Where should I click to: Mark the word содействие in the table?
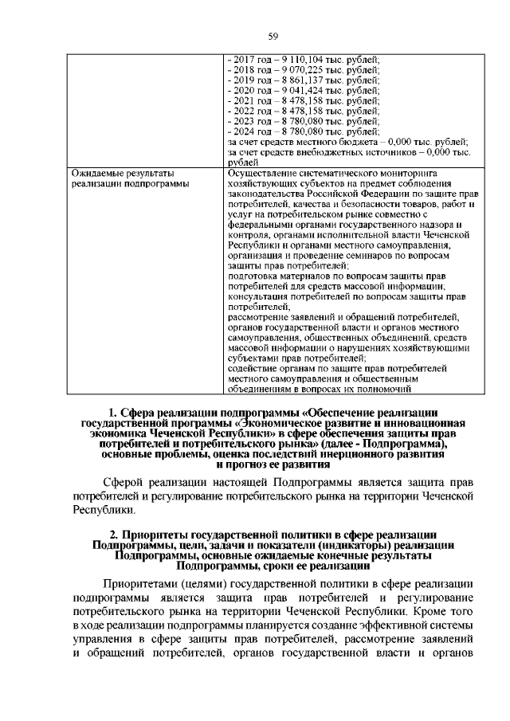[x=253, y=370]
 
